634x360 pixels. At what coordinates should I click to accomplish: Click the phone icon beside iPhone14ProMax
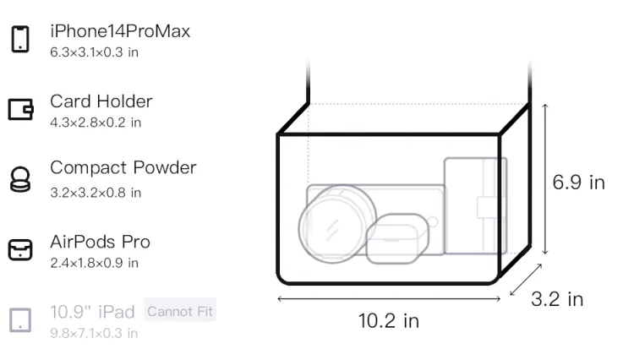tap(20, 39)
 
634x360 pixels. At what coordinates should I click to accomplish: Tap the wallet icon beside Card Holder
tap(20, 109)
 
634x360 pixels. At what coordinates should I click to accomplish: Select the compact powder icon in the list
tap(19, 179)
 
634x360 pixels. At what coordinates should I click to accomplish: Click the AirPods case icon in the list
tap(20, 249)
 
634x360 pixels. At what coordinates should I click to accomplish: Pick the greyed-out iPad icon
tap(20, 320)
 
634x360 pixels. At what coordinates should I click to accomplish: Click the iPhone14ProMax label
tap(120, 31)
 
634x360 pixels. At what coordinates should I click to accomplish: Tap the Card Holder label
tap(101, 101)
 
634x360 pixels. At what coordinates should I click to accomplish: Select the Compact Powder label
tap(123, 167)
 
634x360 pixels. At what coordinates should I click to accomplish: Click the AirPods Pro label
tap(101, 242)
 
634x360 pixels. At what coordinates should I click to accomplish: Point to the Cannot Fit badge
tap(180, 311)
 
